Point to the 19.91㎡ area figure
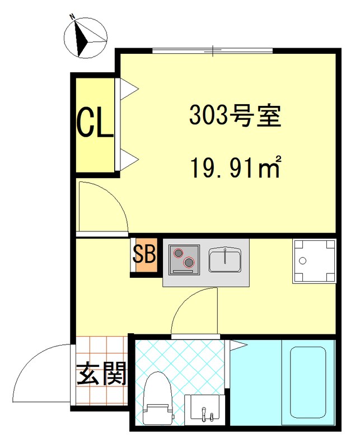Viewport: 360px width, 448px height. pos(235,167)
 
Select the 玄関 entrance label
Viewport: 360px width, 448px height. pos(101,374)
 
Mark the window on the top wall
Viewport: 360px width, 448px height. pos(213,51)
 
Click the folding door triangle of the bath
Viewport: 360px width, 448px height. pos(237,345)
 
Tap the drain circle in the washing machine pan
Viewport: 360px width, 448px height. pos(303,260)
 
